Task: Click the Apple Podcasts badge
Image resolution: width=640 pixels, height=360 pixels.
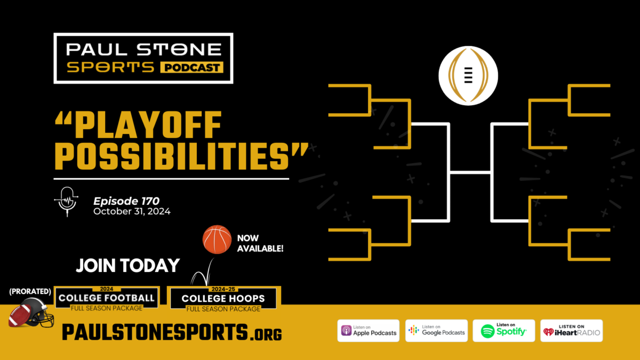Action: (x=369, y=331)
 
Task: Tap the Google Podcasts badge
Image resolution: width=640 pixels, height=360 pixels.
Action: (x=436, y=331)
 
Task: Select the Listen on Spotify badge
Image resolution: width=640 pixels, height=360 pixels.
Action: (x=503, y=331)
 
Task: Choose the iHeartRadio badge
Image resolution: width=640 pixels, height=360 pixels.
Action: (x=571, y=331)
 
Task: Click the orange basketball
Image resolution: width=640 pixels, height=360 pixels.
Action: (x=217, y=239)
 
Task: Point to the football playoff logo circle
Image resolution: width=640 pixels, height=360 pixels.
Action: (x=468, y=76)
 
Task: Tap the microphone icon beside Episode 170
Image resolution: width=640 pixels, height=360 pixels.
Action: (x=67, y=202)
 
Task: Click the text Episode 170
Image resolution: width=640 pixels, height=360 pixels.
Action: (x=126, y=201)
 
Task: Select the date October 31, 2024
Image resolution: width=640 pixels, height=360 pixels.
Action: (x=132, y=211)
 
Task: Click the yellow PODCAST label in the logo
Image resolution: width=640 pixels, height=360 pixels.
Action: (x=191, y=67)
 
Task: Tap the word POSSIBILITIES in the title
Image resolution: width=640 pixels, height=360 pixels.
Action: (x=172, y=156)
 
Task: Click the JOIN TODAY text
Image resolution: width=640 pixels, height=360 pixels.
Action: (x=127, y=266)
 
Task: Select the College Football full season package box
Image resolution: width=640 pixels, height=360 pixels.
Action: (x=107, y=299)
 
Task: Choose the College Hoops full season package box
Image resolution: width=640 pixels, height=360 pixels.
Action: (x=223, y=299)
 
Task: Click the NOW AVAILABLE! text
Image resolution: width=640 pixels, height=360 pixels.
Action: (x=260, y=243)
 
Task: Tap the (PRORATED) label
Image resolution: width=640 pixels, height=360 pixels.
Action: (x=30, y=291)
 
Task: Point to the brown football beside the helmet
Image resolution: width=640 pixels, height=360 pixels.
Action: (x=20, y=315)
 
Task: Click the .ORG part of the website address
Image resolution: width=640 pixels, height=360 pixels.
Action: (x=266, y=334)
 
